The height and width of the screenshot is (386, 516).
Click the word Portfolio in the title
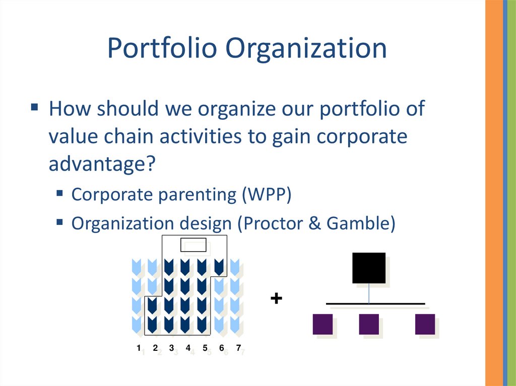[x=162, y=48]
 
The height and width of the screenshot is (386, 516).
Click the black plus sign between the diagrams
[x=277, y=298]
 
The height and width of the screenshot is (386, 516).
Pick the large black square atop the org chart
[x=369, y=268]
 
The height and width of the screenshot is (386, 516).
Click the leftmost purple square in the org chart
[x=322, y=324]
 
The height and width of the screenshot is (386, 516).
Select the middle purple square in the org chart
[x=369, y=324]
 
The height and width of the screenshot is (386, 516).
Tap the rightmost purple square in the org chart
[x=425, y=324]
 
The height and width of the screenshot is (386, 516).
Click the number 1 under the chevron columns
[x=139, y=348]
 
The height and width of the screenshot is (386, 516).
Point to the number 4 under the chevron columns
[x=188, y=348]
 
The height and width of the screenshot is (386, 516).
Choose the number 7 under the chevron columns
[x=238, y=348]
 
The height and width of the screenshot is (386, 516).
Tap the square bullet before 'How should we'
[x=35, y=107]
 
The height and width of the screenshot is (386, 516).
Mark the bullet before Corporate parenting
[x=59, y=193]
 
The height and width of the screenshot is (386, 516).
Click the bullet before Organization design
[x=59, y=222]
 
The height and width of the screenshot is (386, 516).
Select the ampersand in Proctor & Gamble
[x=315, y=223]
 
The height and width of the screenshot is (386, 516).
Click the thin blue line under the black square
[x=369, y=293]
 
